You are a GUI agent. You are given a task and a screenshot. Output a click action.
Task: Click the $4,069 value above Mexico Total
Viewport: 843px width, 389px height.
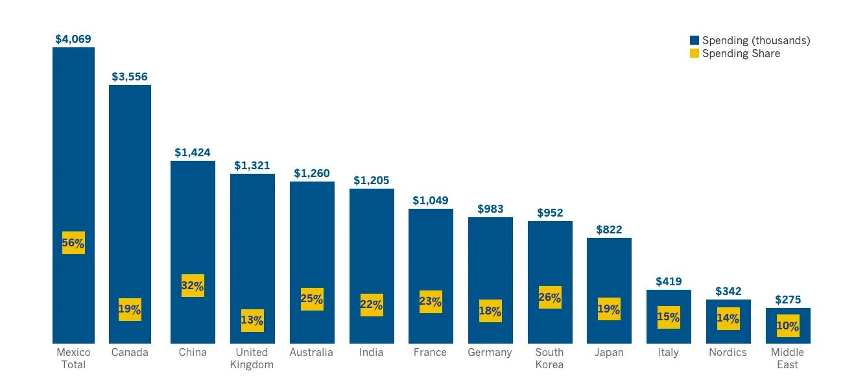coord(73,39)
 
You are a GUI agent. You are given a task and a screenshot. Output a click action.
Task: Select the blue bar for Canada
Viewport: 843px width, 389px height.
coord(130,214)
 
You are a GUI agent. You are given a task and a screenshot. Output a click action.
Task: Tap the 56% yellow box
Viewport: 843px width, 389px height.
coord(73,242)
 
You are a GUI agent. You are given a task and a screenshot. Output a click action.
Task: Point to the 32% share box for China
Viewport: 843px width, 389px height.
coord(193,285)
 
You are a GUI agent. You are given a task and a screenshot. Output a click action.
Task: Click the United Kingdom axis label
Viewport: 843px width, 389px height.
coord(252,359)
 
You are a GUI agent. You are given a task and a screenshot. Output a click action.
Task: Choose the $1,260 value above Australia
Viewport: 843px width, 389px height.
coord(312,174)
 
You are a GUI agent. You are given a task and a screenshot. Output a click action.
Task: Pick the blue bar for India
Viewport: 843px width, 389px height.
coord(372,266)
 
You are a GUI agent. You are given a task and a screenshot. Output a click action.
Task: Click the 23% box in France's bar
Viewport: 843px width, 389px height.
coord(431,301)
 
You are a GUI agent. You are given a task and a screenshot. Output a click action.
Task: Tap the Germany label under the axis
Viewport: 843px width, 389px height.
coord(490,353)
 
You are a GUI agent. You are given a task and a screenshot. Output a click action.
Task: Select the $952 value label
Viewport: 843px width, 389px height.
coord(550,213)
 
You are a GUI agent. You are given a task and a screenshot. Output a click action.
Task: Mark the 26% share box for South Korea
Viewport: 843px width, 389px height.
coord(550,297)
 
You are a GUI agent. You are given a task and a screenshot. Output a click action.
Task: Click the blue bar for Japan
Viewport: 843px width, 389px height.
coord(610,291)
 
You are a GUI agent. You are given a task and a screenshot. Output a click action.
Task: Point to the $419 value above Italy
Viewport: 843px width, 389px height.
coord(669,281)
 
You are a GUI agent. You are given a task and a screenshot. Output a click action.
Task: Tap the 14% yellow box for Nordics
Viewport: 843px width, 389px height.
coord(728,318)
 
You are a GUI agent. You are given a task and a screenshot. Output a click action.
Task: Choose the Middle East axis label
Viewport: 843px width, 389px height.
coord(787,359)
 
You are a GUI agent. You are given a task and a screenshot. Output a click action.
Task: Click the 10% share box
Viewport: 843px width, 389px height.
coord(788,326)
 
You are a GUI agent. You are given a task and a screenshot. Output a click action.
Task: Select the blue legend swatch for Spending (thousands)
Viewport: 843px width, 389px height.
coord(695,40)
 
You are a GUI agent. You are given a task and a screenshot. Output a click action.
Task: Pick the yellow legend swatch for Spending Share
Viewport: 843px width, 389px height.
coord(695,53)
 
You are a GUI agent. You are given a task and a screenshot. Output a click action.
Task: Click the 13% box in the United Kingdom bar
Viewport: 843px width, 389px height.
coord(252,320)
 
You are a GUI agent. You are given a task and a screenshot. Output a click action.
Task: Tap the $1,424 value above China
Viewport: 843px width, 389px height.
coord(193,153)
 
